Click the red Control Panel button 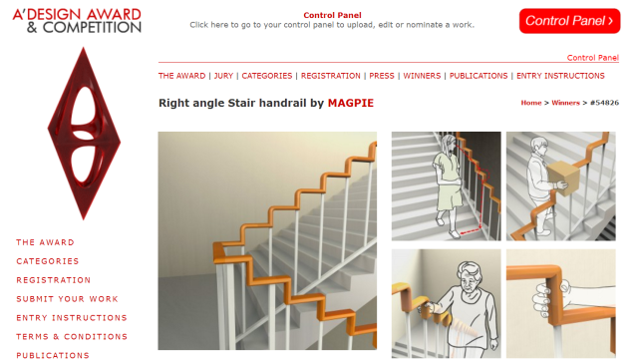(x=569, y=21)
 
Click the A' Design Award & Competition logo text (x=77, y=21)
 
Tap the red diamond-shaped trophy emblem (x=84, y=134)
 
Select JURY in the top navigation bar (x=223, y=76)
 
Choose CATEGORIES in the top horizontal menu (x=267, y=76)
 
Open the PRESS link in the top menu (x=382, y=76)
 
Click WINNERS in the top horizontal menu (x=422, y=76)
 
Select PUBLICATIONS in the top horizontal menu (x=478, y=76)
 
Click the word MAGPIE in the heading (x=351, y=103)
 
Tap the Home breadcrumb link (x=531, y=103)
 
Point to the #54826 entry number (x=604, y=103)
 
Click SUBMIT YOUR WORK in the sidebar (x=67, y=299)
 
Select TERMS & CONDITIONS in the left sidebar (x=72, y=337)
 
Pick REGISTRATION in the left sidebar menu (x=53, y=280)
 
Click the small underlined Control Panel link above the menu (x=593, y=58)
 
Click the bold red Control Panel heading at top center (x=332, y=16)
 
